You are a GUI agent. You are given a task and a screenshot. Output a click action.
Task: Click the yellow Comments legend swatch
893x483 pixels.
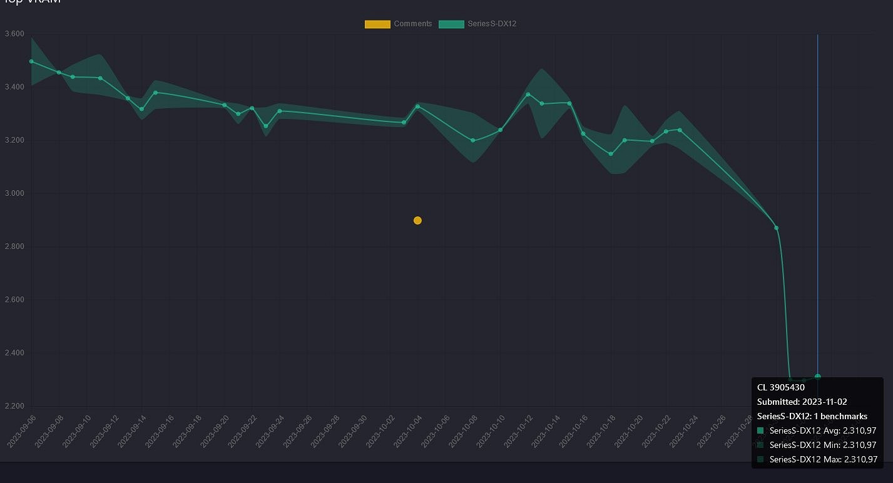click(377, 24)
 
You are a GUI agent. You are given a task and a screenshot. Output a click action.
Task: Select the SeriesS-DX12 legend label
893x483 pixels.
click(492, 24)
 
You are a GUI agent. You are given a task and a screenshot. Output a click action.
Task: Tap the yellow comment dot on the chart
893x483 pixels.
click(417, 220)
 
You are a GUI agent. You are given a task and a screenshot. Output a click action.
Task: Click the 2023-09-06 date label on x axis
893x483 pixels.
click(22, 431)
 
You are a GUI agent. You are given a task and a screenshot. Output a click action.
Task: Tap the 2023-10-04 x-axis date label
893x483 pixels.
click(408, 431)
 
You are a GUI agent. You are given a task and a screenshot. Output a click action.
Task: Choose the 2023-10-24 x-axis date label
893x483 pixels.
click(683, 431)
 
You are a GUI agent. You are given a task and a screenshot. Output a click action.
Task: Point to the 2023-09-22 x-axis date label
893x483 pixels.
click(243, 431)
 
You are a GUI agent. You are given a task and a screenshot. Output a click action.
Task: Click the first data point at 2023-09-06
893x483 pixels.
click(31, 61)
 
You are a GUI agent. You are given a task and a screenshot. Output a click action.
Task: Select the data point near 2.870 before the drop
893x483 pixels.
click(776, 228)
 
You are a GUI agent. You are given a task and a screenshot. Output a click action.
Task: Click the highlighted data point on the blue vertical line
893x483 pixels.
click(817, 377)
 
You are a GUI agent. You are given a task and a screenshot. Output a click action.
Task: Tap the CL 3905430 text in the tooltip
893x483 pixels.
click(781, 388)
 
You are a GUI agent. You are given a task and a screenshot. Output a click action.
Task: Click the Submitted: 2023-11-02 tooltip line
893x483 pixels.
click(802, 402)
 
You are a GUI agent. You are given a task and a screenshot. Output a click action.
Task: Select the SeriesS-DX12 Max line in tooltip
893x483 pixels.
click(823, 459)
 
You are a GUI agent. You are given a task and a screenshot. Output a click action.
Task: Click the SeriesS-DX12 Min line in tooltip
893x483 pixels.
click(823, 445)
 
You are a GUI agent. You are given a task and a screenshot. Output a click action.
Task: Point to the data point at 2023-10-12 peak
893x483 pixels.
click(528, 94)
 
